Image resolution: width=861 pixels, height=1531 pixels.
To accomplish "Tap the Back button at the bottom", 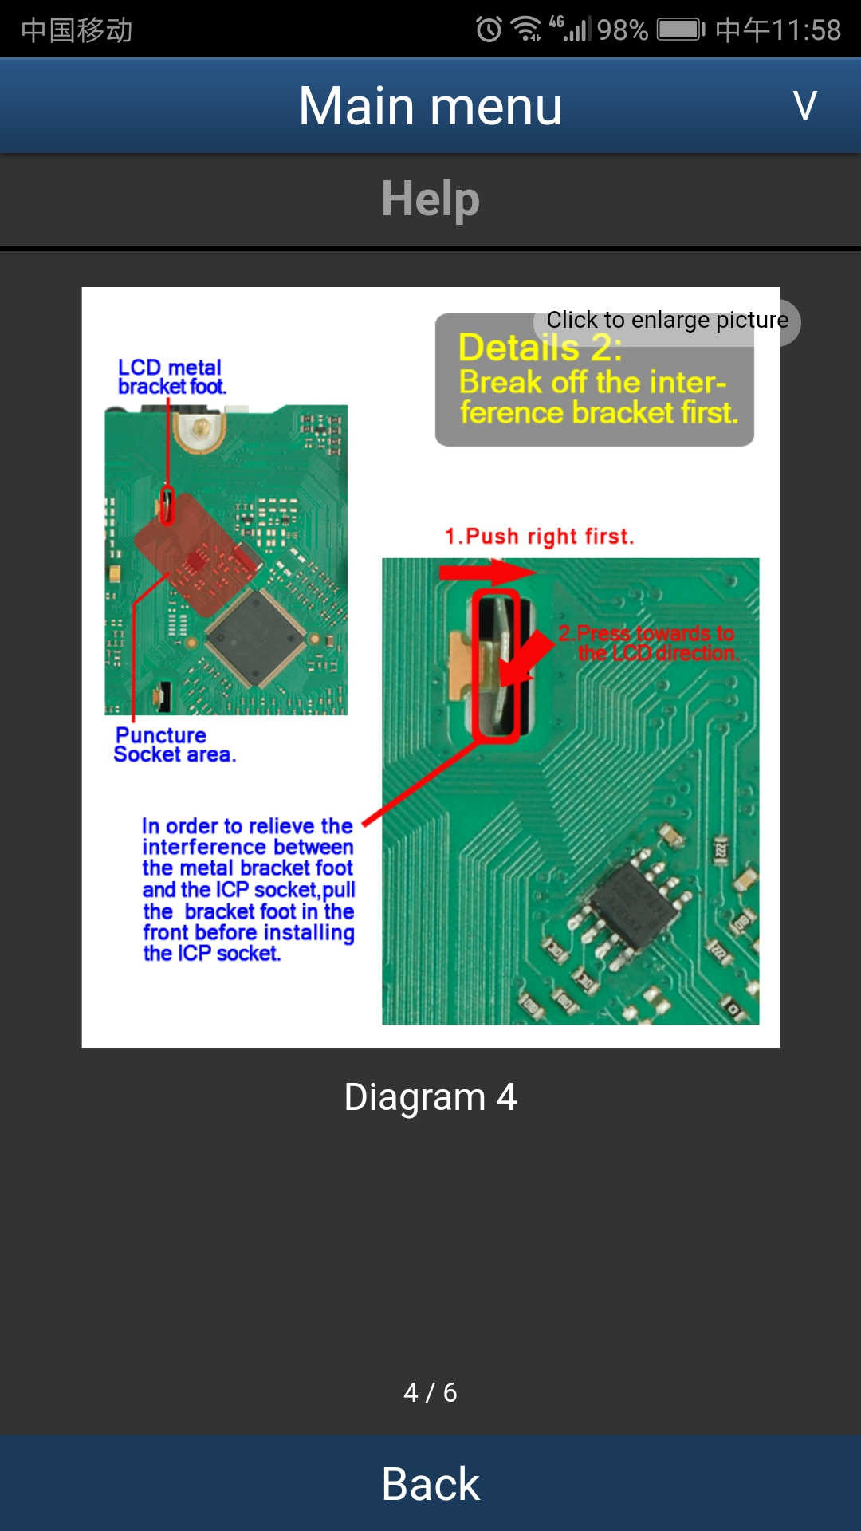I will click(x=431, y=1484).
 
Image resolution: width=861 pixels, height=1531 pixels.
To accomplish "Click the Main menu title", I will click(x=431, y=106).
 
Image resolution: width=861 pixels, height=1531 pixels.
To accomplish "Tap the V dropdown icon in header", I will click(x=805, y=105).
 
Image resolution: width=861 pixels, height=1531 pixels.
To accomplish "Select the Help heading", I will click(x=431, y=199).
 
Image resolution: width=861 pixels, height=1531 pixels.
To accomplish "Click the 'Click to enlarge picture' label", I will click(x=666, y=321).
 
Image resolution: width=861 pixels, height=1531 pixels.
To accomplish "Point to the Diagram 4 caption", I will click(x=431, y=1097).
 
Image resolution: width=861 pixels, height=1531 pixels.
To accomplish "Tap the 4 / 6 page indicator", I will click(x=431, y=1392).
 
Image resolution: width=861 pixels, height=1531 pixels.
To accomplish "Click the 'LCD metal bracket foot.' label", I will click(x=171, y=376).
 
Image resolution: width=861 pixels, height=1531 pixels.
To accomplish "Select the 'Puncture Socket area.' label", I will click(x=175, y=745).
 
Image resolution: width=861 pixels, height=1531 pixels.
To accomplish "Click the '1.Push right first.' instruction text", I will click(x=539, y=537).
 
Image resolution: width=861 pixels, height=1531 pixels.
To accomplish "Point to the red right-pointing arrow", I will click(x=487, y=572).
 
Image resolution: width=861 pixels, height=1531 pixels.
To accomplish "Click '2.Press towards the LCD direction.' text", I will click(x=647, y=643).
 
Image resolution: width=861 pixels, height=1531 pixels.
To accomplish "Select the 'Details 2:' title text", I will click(x=539, y=348).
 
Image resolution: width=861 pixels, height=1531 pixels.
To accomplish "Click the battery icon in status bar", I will click(x=680, y=30).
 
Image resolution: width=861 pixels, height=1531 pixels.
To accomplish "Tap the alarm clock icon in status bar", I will click(x=489, y=30).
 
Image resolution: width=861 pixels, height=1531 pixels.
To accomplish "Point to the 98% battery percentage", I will click(x=622, y=30).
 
